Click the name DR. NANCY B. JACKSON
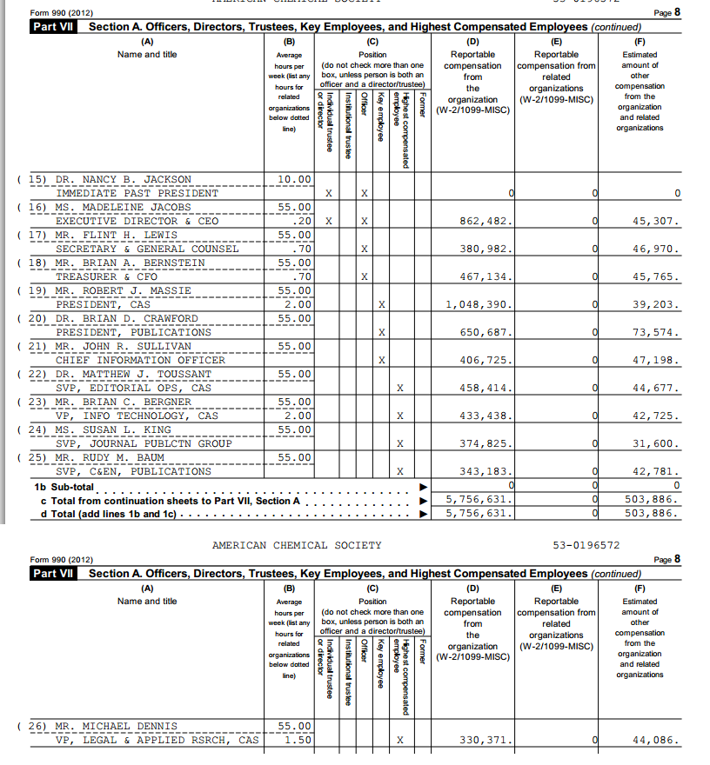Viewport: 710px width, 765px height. [x=123, y=179]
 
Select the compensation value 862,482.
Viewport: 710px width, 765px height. [x=486, y=221]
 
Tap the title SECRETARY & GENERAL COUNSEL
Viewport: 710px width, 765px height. [x=147, y=249]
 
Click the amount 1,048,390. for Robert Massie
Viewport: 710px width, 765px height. [x=479, y=304]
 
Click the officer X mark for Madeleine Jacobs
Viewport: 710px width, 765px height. [x=365, y=221]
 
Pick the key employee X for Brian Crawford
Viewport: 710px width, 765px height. [x=382, y=332]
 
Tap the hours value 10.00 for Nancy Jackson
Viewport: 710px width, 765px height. [x=294, y=179]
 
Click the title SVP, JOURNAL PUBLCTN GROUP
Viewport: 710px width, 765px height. [x=144, y=443]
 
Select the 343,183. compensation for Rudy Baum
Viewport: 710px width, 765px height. [x=486, y=471]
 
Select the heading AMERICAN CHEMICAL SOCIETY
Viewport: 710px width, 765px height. [x=297, y=545]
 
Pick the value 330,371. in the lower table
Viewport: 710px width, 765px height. [x=486, y=740]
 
